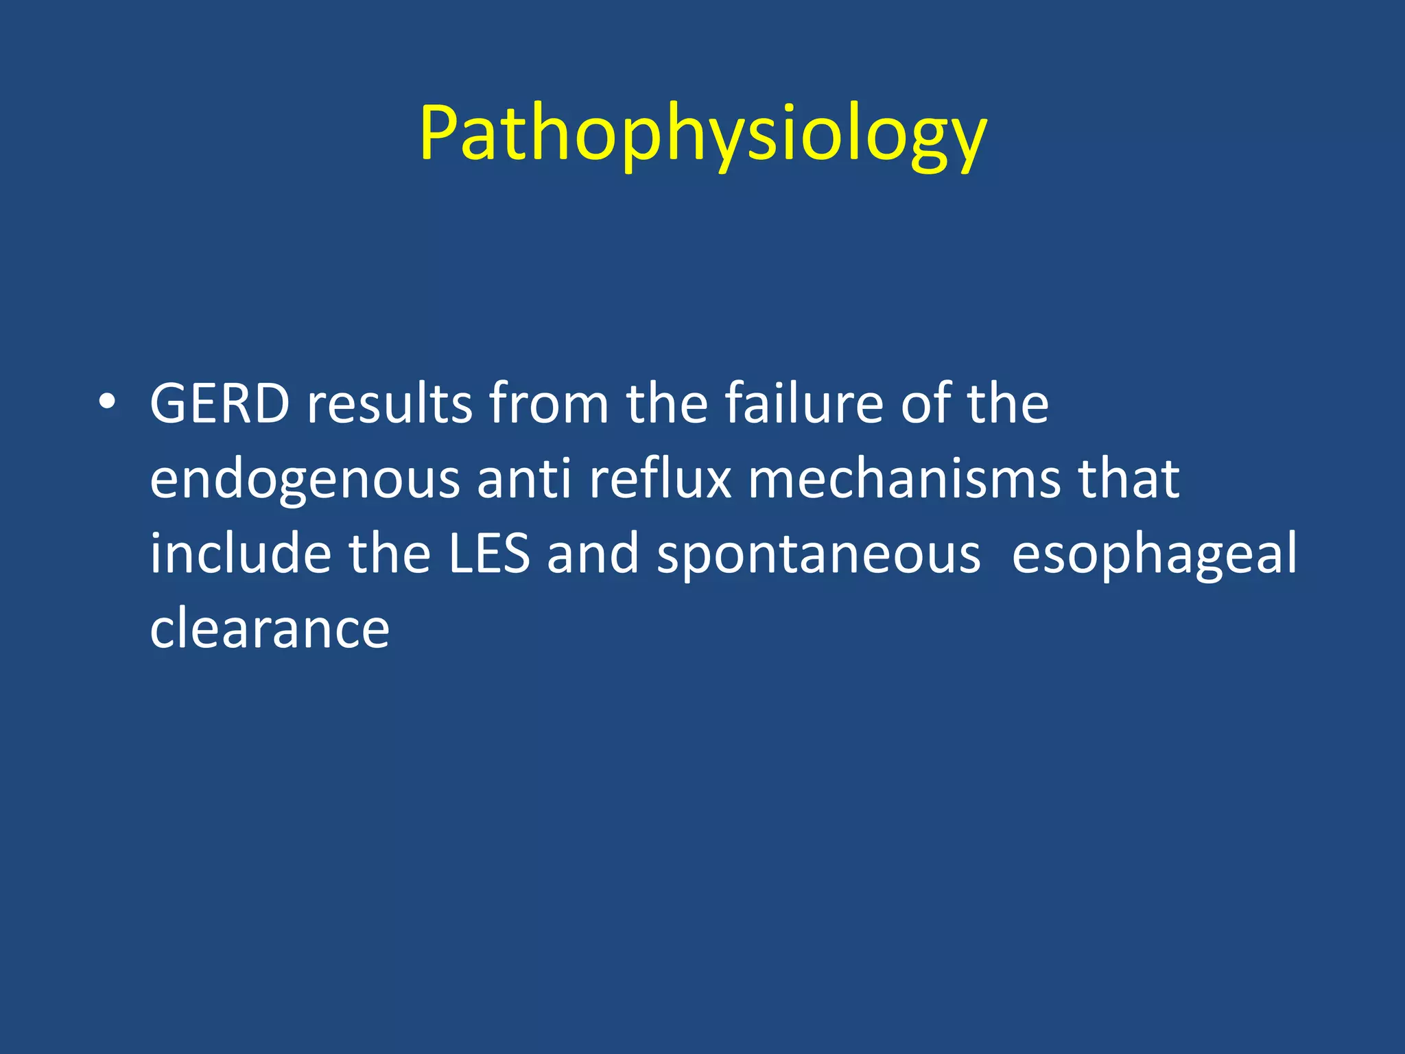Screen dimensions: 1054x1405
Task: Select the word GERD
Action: pyautogui.click(x=220, y=403)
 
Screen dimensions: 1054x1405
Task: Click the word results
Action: pyautogui.click(x=389, y=403)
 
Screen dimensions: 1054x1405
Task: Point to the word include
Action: pyautogui.click(x=240, y=553)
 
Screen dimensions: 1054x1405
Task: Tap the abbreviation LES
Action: pyautogui.click(x=489, y=553)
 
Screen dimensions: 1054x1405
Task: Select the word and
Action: pyautogui.click(x=593, y=553)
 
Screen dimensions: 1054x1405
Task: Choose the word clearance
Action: pyautogui.click(x=270, y=629)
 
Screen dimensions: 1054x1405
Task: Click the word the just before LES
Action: pyautogui.click(x=390, y=553)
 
